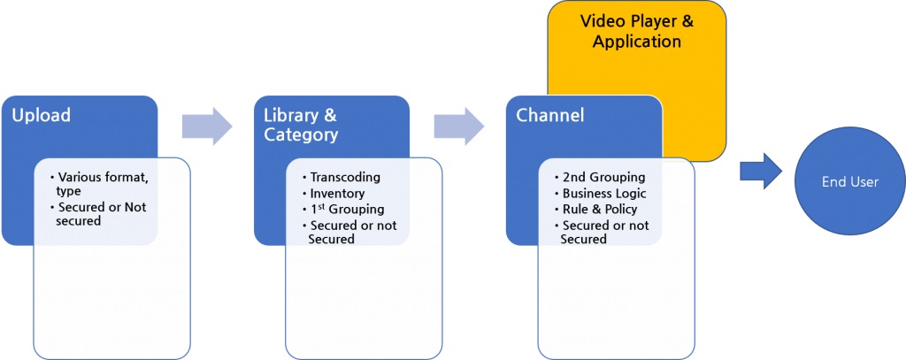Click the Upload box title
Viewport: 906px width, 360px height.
coord(41,116)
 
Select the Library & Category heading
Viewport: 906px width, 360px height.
coord(301,125)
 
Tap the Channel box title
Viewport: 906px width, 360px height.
coord(551,116)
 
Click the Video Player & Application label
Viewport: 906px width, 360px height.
coord(637,31)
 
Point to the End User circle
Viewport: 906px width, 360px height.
coord(849,181)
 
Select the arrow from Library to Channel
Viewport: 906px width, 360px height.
coord(458,126)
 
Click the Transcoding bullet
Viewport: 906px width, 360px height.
coord(345,178)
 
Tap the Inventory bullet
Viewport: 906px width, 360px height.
coord(337,193)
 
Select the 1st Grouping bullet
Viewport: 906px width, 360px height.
coord(346,210)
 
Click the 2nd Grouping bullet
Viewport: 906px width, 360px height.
coord(604,178)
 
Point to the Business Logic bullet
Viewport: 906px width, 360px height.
coord(605,194)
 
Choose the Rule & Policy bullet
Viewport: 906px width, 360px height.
coord(599,210)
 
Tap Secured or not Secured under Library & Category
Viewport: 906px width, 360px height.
coord(351,232)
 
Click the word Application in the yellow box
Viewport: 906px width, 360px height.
coord(637,42)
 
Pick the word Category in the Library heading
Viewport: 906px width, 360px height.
coord(301,134)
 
